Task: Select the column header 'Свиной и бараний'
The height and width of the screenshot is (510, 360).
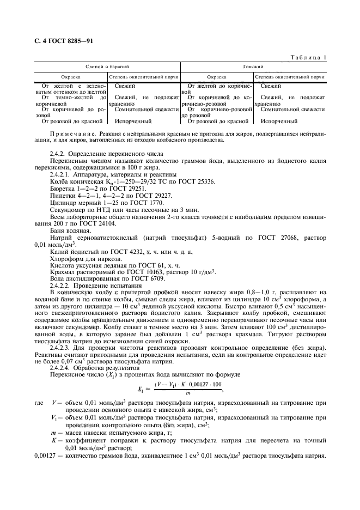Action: point(107,66)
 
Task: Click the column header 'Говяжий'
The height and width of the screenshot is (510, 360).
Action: point(254,66)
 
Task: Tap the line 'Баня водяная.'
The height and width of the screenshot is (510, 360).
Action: point(69,229)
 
